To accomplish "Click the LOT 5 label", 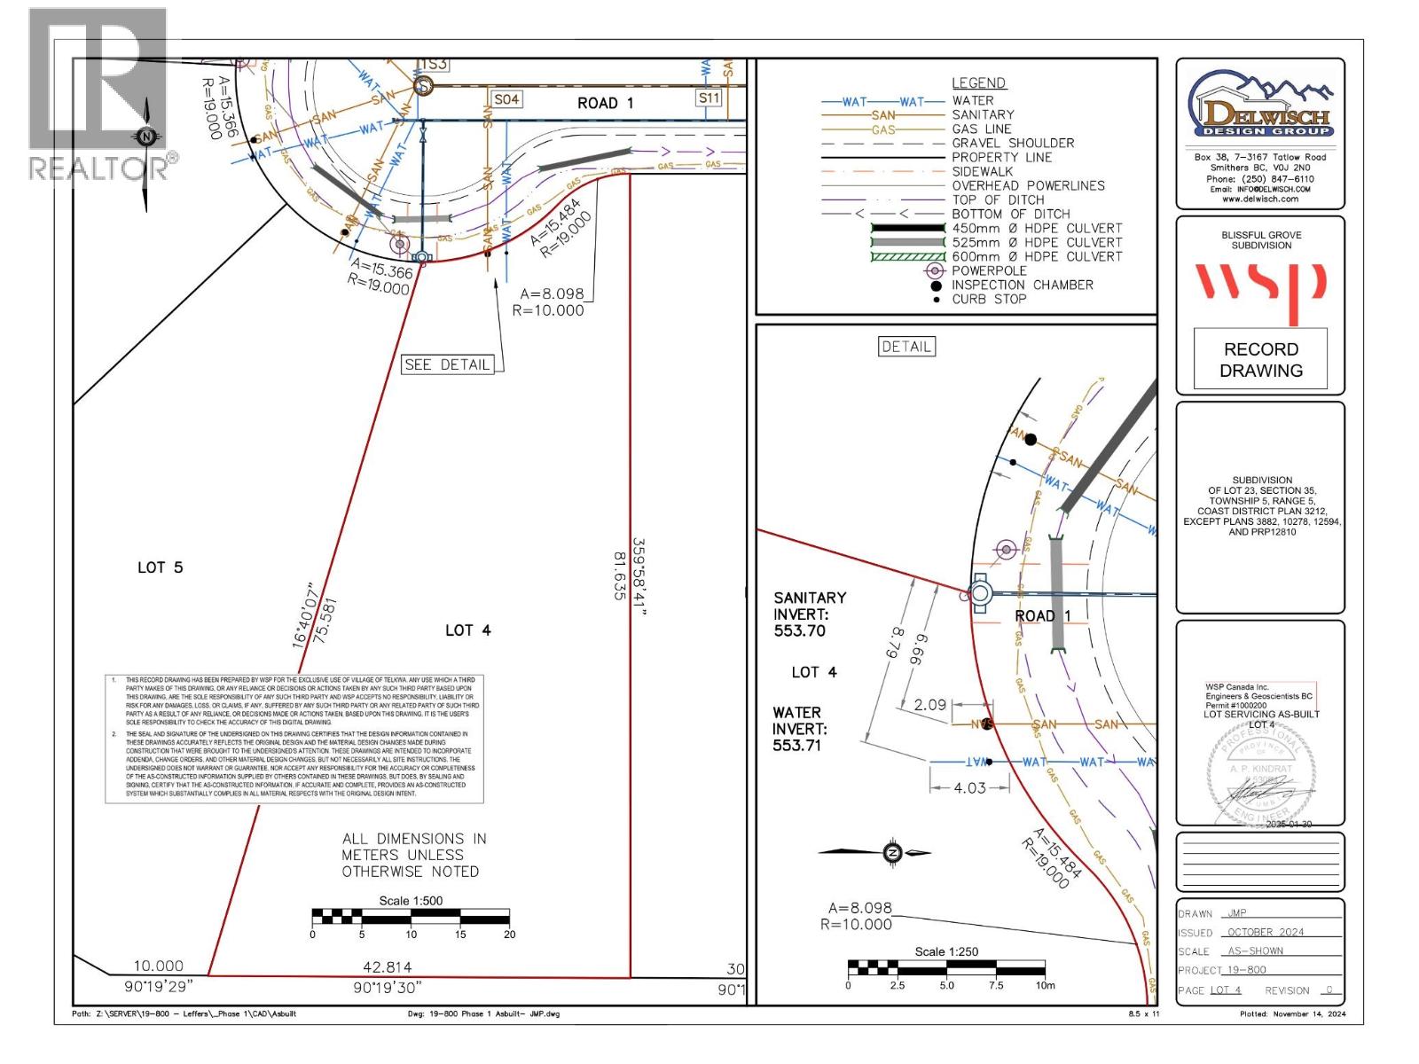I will tap(160, 567).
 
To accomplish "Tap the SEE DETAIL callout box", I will tap(447, 364).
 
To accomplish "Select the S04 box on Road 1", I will tap(506, 99).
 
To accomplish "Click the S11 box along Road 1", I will tap(709, 98).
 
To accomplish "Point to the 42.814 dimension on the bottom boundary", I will tap(388, 967).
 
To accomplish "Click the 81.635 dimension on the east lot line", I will tap(619, 575).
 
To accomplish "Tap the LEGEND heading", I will tap(978, 83).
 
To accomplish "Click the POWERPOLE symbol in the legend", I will tap(934, 270).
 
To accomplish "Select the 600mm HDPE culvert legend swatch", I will tap(907, 256).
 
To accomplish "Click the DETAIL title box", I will tap(906, 347).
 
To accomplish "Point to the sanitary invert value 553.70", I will tap(800, 630).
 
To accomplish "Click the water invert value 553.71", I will tap(796, 745).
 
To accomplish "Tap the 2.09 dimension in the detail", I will tap(930, 705).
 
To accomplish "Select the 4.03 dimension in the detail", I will tap(969, 787).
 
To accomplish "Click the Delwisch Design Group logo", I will tap(1260, 107).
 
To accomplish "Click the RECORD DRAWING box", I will tap(1260, 360).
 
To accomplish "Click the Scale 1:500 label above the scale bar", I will tap(411, 901).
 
